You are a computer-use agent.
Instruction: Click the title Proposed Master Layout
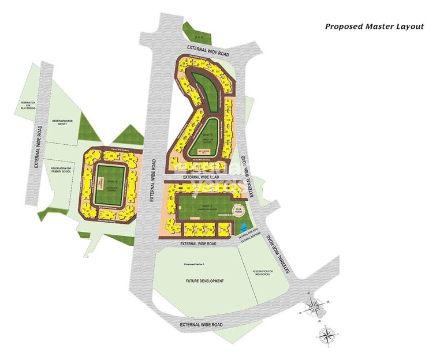click(x=374, y=26)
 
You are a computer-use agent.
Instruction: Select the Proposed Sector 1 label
click(x=195, y=264)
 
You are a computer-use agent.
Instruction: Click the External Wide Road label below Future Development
click(x=201, y=325)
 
